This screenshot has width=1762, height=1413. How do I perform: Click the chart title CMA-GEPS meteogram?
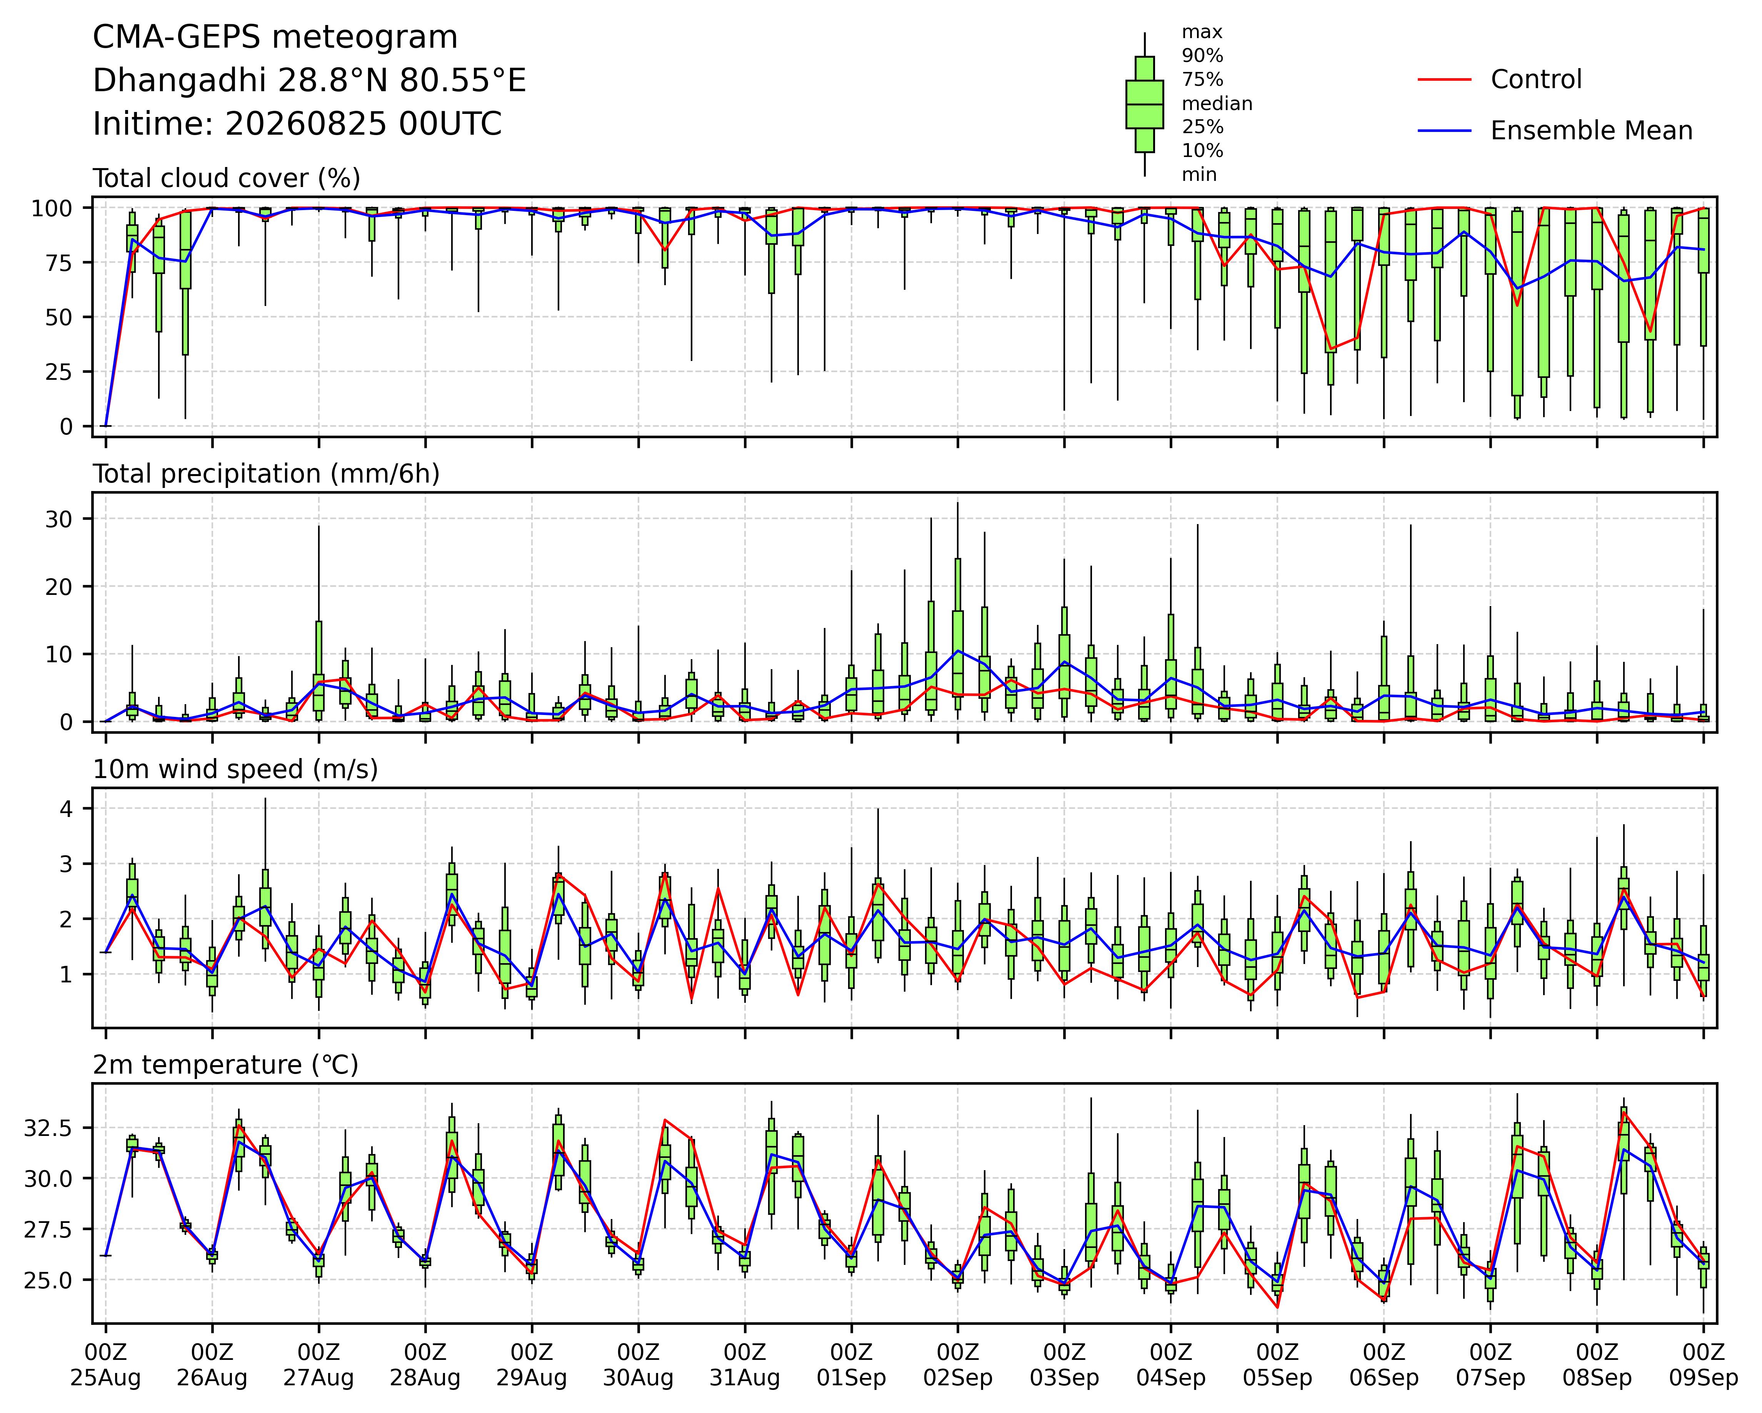275,38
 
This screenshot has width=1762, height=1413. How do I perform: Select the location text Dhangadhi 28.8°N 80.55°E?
310,81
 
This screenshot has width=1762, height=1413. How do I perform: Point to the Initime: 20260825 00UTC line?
297,124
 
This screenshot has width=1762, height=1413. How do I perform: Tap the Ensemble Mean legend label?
1591,131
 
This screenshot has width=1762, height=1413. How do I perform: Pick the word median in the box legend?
1217,104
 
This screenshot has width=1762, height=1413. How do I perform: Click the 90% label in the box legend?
1202,55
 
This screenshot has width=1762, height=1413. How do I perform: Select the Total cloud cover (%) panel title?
227,178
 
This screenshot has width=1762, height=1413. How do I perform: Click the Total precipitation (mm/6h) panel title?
267,474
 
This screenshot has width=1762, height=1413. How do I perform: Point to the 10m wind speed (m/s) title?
235,770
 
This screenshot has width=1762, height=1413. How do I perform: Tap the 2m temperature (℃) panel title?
225,1065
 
